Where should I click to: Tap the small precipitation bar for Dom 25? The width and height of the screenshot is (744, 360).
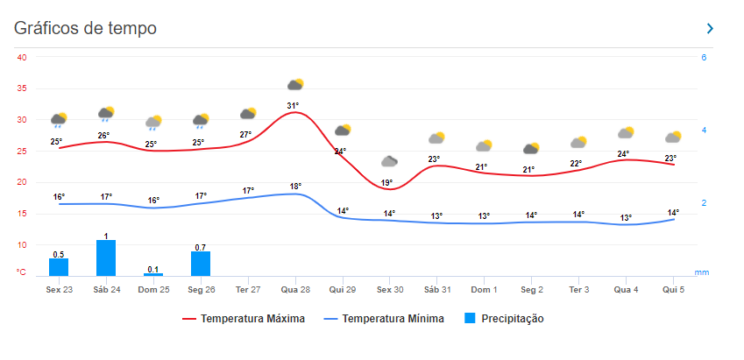(x=153, y=274)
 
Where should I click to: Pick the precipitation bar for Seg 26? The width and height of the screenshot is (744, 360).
(x=201, y=264)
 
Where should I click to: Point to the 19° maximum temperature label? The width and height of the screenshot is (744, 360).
(x=386, y=183)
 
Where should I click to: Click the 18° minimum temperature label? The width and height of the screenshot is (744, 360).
(x=295, y=186)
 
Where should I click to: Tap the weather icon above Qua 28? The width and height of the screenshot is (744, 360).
(x=295, y=85)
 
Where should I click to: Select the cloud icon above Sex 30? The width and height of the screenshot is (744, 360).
(x=390, y=161)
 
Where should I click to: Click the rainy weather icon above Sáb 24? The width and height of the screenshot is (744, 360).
(x=106, y=114)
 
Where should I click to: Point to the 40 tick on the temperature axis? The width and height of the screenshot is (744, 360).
(x=22, y=58)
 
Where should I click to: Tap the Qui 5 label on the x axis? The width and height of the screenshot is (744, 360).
(x=672, y=289)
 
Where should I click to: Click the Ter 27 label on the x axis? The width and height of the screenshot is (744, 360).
(x=248, y=289)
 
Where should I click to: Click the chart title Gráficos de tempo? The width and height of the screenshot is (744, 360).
(x=85, y=28)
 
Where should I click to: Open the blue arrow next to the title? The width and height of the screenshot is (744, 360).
(x=710, y=29)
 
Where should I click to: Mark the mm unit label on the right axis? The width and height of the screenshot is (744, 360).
(x=702, y=272)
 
